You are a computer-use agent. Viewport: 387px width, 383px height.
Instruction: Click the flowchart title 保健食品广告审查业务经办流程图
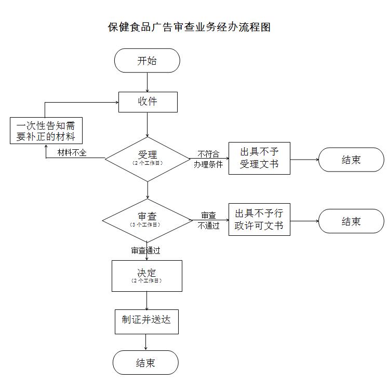pyautogui.click(x=189, y=27)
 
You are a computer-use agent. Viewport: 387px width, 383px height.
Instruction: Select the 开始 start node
pyautogui.click(x=147, y=61)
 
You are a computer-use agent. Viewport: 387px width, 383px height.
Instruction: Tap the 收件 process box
pyautogui.click(x=148, y=102)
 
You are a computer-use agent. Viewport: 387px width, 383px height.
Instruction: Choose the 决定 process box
pyautogui.click(x=147, y=275)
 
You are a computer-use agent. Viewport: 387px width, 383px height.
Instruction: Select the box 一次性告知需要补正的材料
pyautogui.click(x=46, y=131)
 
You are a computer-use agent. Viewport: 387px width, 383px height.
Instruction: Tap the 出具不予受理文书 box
pyautogui.click(x=259, y=158)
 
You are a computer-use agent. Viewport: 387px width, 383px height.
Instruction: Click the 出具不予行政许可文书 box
pyautogui.click(x=259, y=220)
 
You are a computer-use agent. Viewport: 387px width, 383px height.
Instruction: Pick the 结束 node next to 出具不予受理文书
pyautogui.click(x=351, y=160)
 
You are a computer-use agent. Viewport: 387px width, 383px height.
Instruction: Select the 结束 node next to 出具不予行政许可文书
pyautogui.click(x=351, y=221)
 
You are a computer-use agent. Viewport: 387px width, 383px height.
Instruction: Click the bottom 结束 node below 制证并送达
pyautogui.click(x=145, y=363)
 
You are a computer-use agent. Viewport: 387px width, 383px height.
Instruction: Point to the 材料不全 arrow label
pyautogui.click(x=72, y=152)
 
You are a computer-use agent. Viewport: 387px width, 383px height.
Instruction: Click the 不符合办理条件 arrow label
pyautogui.click(x=208, y=159)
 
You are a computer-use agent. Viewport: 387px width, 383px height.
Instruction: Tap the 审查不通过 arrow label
pyautogui.click(x=208, y=220)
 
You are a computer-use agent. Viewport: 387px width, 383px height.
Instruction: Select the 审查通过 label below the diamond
pyautogui.click(x=145, y=250)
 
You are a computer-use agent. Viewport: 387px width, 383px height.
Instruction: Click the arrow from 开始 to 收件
pyautogui.click(x=148, y=82)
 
